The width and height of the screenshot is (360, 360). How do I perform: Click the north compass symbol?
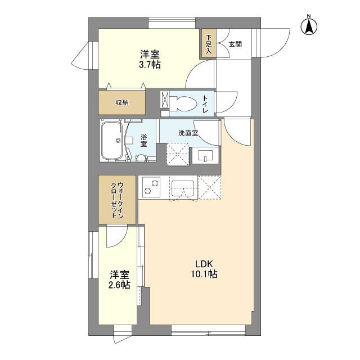308,25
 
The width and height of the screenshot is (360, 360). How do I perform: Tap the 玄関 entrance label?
235,44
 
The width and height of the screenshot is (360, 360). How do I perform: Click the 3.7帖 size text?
150,65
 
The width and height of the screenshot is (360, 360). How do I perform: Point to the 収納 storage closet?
123,102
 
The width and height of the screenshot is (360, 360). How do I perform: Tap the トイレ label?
205,104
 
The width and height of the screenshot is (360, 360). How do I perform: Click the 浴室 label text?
144,141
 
